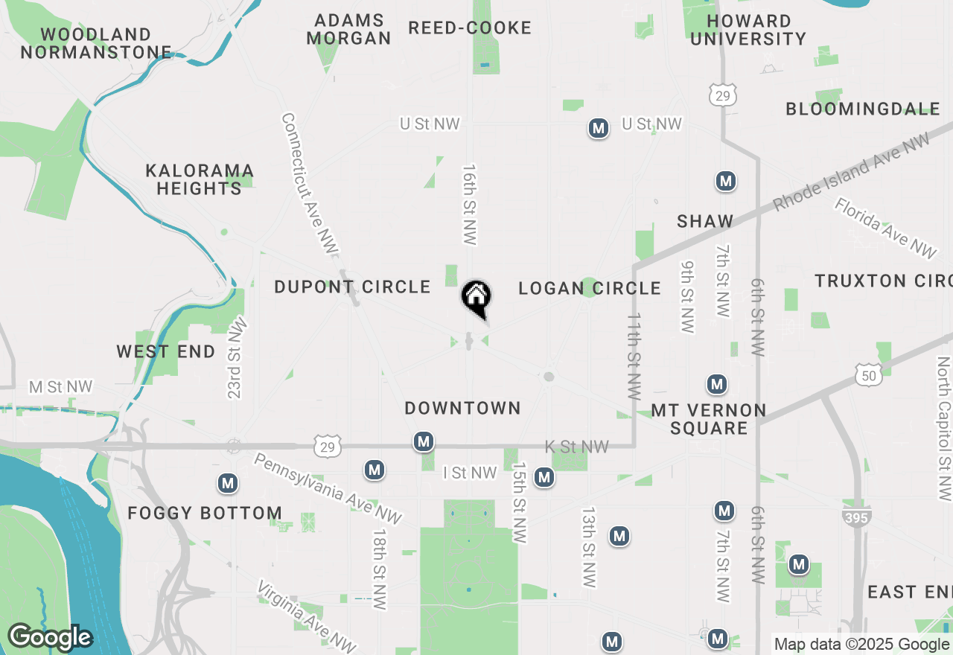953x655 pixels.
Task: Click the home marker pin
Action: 476,298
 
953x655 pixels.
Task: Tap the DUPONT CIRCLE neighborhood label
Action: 352,287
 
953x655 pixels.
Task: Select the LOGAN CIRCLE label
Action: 590,288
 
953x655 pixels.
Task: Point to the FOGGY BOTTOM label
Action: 205,513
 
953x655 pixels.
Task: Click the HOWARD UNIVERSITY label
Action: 748,30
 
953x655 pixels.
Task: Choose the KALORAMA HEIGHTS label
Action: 200,179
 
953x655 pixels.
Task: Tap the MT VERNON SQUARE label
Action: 708,419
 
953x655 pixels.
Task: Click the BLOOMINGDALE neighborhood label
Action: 863,109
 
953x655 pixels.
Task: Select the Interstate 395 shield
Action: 857,517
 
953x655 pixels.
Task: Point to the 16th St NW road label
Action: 469,205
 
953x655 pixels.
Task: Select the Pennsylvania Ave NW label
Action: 328,488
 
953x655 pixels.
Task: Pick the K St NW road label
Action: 577,447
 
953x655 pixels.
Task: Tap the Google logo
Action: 49,637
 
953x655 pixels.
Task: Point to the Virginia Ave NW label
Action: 306,616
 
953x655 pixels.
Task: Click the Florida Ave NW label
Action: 885,228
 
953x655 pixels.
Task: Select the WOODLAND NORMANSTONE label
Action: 96,43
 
